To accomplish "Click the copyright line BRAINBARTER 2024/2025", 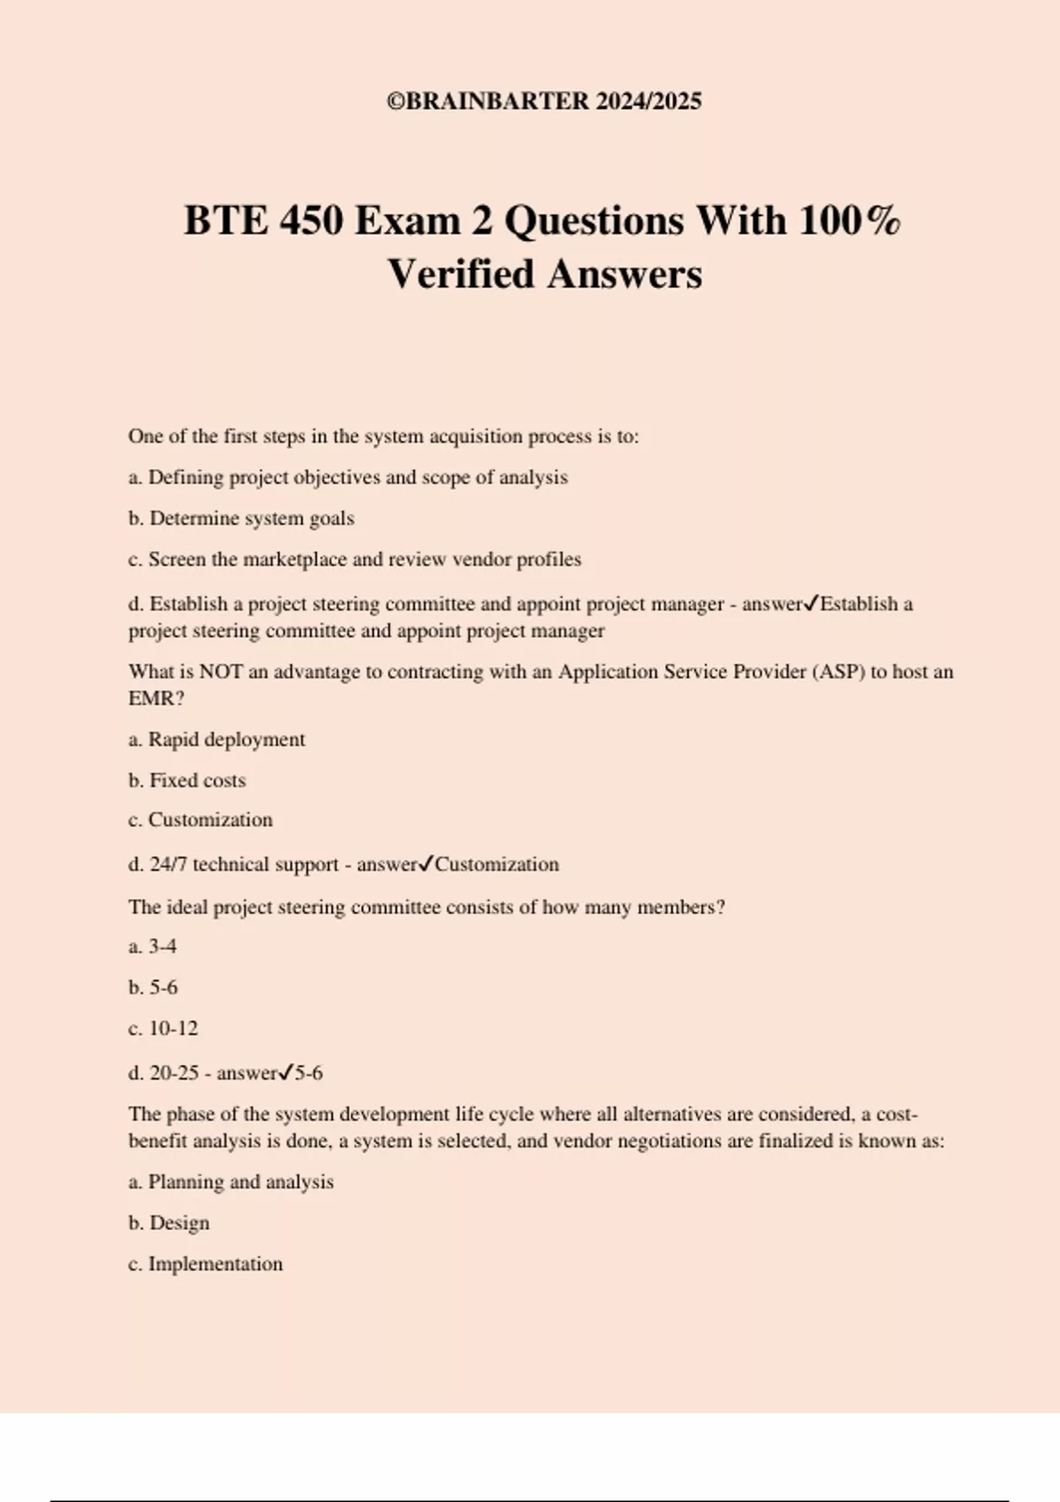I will [x=544, y=102].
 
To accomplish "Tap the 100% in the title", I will [x=850, y=221].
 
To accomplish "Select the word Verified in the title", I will [x=460, y=274].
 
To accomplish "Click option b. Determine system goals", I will [x=241, y=519].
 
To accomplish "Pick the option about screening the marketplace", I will [x=354, y=559].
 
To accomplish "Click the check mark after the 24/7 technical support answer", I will [x=425, y=864].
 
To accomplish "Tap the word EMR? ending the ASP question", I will [x=156, y=698].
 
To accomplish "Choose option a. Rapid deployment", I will [x=216, y=740].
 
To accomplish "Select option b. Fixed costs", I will [x=187, y=780].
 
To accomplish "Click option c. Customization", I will [x=201, y=820].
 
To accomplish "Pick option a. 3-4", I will [x=153, y=946].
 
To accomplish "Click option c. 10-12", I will [x=163, y=1028].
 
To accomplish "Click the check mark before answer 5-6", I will [x=284, y=1073].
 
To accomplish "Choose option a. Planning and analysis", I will [x=231, y=1182].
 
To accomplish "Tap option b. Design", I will [x=169, y=1223].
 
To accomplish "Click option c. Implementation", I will [x=206, y=1264].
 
